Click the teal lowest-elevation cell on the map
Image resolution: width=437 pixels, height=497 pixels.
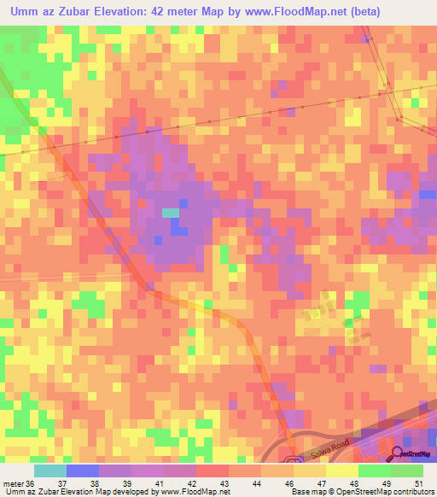click(x=171, y=213)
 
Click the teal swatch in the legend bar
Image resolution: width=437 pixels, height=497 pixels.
click(x=50, y=471)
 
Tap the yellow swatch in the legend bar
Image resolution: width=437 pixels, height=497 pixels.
click(x=341, y=471)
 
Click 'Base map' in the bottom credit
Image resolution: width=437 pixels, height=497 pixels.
click(x=306, y=492)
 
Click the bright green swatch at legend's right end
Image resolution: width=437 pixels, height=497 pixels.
click(x=407, y=471)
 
